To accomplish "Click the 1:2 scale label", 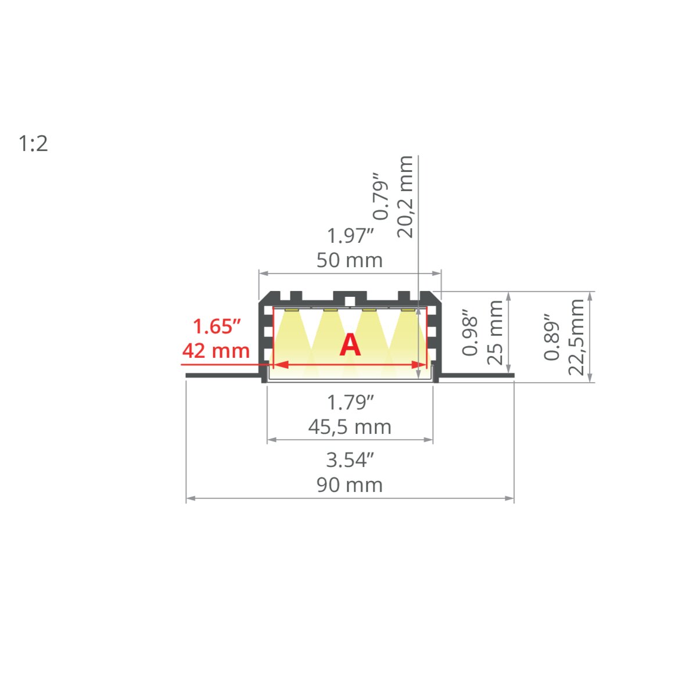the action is pyautogui.click(x=33, y=143).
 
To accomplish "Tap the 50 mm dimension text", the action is pyautogui.click(x=350, y=260).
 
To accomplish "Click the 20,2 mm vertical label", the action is pyautogui.click(x=405, y=197).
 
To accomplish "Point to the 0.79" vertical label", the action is pyautogui.click(x=380, y=196).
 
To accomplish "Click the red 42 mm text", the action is pyautogui.click(x=216, y=351).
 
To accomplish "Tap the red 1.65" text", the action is pyautogui.click(x=216, y=326).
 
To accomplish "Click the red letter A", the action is pyautogui.click(x=350, y=346).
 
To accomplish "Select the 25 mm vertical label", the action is pyautogui.click(x=495, y=332).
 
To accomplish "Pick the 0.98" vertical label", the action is pyautogui.click(x=470, y=332).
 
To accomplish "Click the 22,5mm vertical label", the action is pyautogui.click(x=576, y=337).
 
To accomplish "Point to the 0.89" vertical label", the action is pyautogui.click(x=552, y=337).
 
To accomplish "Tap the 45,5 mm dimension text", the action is pyautogui.click(x=350, y=427).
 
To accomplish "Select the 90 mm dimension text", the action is pyautogui.click(x=350, y=485).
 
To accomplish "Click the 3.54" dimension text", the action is pyautogui.click(x=350, y=460).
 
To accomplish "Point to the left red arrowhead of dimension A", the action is pyautogui.click(x=281, y=364).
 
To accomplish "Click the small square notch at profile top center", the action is pyautogui.click(x=350, y=300).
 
